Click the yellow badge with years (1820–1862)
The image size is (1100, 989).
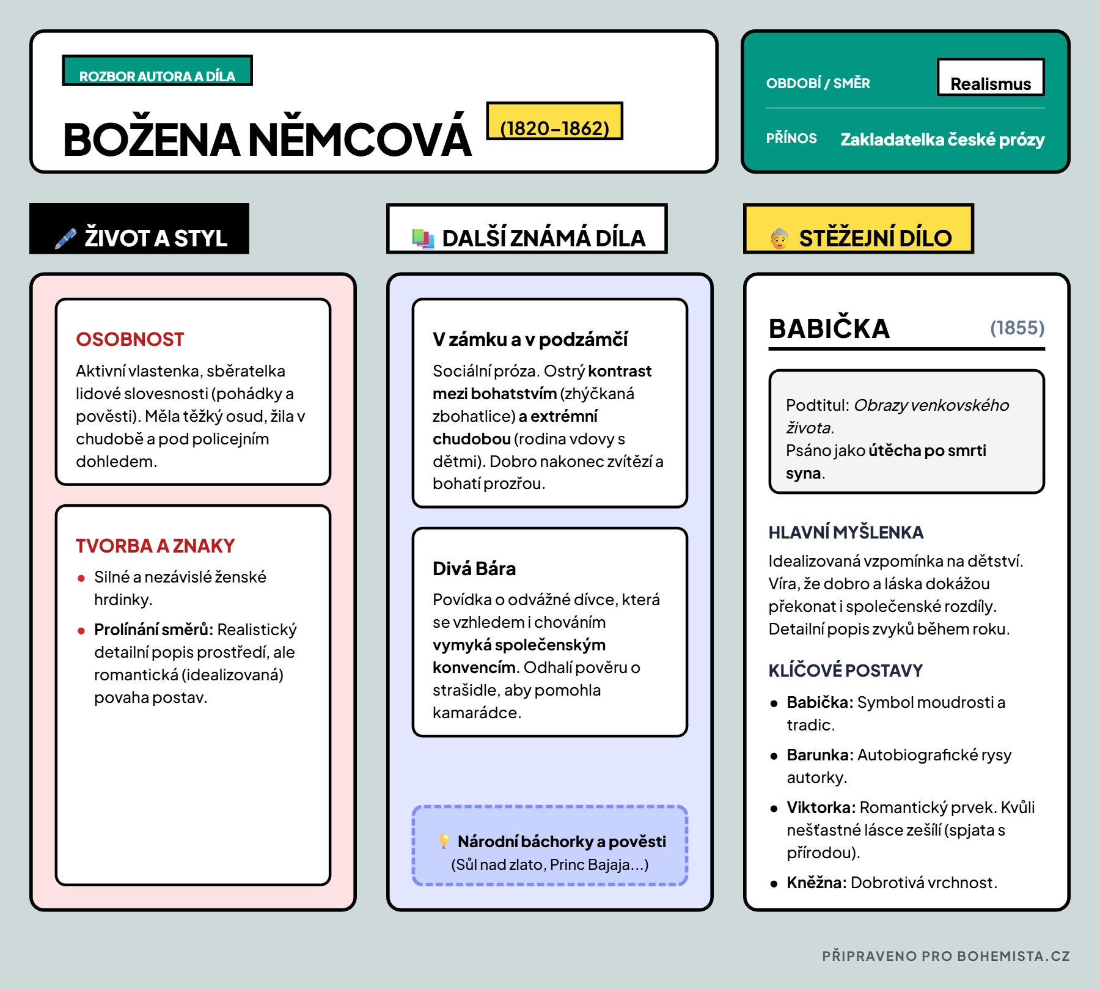[x=554, y=122]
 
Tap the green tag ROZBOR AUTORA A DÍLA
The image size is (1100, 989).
[x=157, y=71]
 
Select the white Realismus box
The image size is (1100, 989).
[x=991, y=78]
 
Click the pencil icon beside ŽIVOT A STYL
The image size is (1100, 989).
[x=65, y=238]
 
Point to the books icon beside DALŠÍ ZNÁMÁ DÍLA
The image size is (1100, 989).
[x=423, y=238]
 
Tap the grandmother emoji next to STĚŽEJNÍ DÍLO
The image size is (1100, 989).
[x=779, y=238]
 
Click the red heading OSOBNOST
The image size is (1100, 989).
[x=130, y=339]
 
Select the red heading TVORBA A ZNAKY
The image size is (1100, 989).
[x=155, y=545]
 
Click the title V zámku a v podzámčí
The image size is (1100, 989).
[x=530, y=339]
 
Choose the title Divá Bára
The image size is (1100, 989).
[x=474, y=568]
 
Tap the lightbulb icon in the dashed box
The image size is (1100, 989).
[x=444, y=841]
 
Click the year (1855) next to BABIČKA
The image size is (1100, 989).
[x=1017, y=328]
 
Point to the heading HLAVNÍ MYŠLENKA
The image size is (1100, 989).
[x=846, y=532]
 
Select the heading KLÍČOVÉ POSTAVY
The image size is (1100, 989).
[x=845, y=671]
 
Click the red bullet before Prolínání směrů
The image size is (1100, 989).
[x=81, y=631]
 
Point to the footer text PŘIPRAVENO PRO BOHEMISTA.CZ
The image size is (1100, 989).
[x=945, y=956]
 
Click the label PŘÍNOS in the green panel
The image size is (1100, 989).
[x=791, y=138]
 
